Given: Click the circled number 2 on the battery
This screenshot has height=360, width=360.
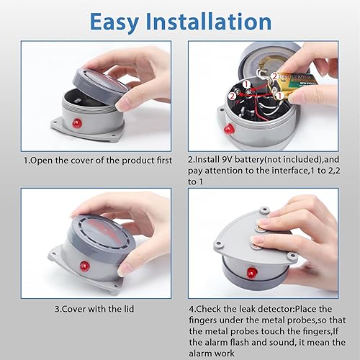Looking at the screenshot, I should [275, 76].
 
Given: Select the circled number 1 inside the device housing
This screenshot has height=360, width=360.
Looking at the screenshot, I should [246, 84].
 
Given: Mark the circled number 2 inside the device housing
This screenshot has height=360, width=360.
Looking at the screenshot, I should [233, 96].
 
